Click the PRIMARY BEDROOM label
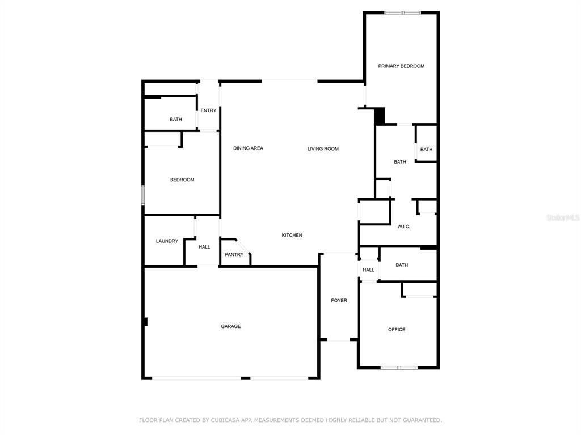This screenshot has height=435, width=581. click(x=401, y=66)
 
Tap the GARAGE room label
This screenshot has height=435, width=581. click(x=230, y=326)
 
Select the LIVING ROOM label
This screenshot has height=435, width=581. click(x=323, y=149)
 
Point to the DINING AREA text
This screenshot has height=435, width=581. click(x=248, y=148)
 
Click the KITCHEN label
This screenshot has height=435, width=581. click(x=292, y=235)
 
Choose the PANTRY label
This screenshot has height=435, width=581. click(x=234, y=254)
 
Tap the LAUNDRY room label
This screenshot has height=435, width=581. click(x=167, y=241)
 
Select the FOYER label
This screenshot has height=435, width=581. click(x=339, y=300)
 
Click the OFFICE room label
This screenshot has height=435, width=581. click(x=397, y=329)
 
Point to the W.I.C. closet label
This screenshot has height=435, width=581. click(x=403, y=227)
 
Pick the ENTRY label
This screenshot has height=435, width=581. click(x=208, y=110)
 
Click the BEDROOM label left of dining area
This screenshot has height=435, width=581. click(x=182, y=180)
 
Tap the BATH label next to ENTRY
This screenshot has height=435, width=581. click(x=176, y=119)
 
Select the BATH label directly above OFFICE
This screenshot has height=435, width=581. click(x=402, y=265)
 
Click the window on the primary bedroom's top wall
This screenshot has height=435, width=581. click(x=402, y=13)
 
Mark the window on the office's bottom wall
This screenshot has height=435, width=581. click(x=399, y=368)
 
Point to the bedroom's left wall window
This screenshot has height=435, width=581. click(x=142, y=195)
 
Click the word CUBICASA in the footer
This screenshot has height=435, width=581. click(x=223, y=420)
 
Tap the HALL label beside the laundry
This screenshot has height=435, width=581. click(x=204, y=247)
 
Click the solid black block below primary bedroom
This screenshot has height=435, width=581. click(x=380, y=116)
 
